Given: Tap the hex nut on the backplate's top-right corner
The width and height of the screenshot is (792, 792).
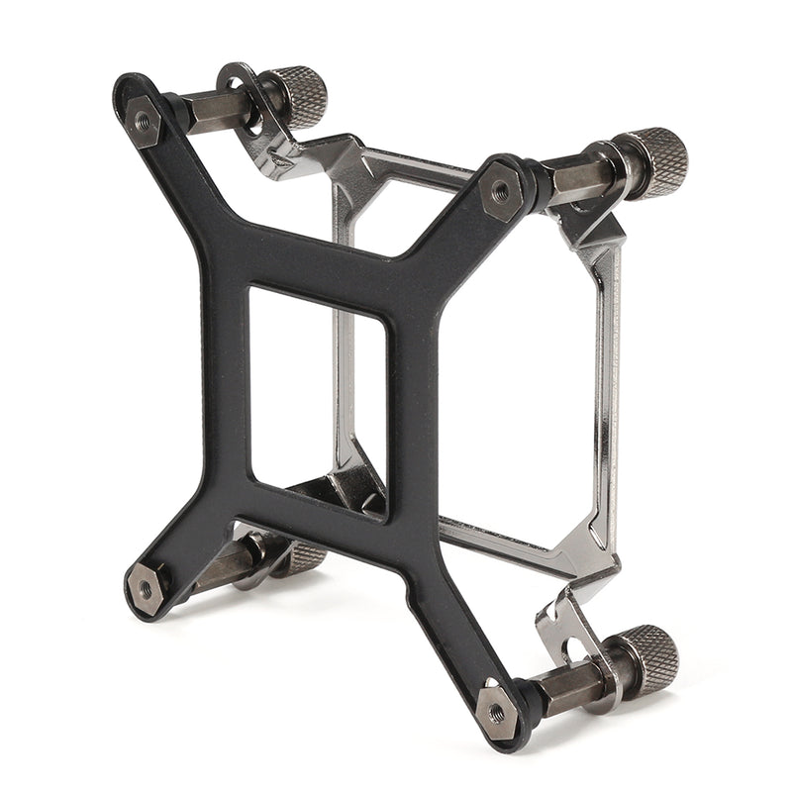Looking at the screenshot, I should tap(501, 190).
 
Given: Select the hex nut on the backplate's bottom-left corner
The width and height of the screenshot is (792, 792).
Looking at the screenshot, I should tap(147, 588).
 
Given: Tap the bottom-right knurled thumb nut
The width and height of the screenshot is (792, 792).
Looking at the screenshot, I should tap(650, 655).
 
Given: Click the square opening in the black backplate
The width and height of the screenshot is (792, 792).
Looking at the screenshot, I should tap(317, 396).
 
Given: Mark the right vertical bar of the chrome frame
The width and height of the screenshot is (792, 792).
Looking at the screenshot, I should tap(603, 396).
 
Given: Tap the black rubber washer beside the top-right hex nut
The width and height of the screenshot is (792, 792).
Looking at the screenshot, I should tap(535, 183).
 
